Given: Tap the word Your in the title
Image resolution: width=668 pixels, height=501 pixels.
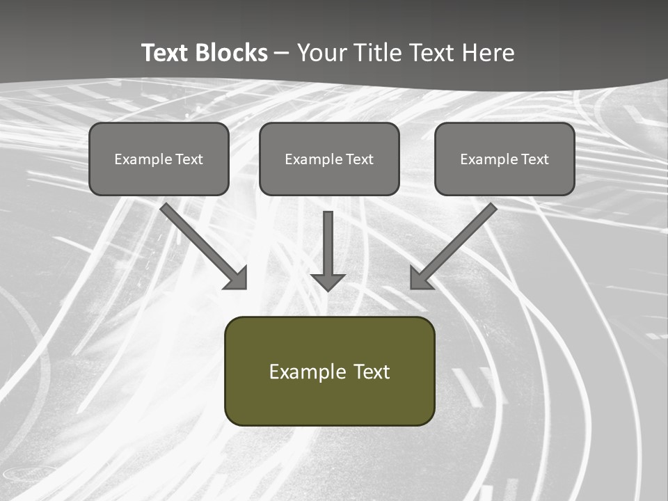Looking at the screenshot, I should coord(324,53).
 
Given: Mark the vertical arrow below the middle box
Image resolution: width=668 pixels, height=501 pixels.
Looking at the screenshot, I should coord(328,244).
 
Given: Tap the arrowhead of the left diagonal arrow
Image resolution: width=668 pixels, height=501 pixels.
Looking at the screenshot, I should coord(237,278).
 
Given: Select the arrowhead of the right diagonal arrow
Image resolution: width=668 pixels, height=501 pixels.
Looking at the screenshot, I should coord(420,278).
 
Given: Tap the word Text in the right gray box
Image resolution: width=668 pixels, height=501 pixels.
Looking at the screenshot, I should coord(534,159).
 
